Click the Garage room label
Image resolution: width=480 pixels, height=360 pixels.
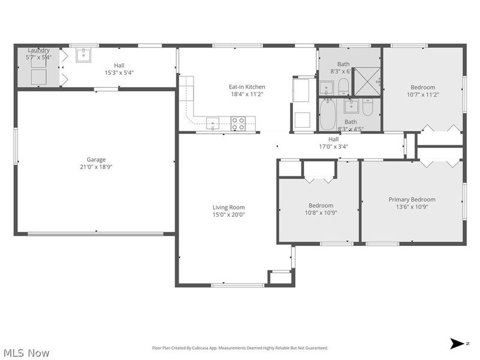(96, 160)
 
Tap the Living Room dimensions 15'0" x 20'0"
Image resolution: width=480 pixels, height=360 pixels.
(229, 215)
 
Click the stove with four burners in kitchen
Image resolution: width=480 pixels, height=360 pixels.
(238, 124)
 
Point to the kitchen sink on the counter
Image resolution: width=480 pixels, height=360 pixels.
(214, 124)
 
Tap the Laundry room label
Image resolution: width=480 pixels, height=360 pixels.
(39, 50)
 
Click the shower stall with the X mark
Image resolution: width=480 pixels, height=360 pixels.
(366, 81)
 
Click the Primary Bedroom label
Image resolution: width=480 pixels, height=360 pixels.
(412, 200)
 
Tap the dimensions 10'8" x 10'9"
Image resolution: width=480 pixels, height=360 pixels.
(320, 213)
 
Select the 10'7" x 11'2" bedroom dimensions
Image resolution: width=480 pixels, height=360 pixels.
(423, 94)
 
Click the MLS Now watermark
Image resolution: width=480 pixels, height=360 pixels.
(26, 353)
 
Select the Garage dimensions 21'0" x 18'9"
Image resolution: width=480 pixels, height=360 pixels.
(96, 167)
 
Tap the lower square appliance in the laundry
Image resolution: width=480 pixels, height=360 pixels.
(39, 77)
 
